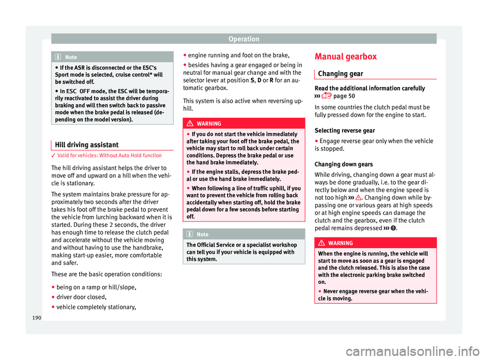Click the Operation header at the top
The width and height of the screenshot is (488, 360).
(x=243, y=39)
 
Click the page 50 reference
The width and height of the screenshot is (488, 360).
(x=344, y=97)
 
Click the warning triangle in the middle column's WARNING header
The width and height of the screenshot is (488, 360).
(x=192, y=124)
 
